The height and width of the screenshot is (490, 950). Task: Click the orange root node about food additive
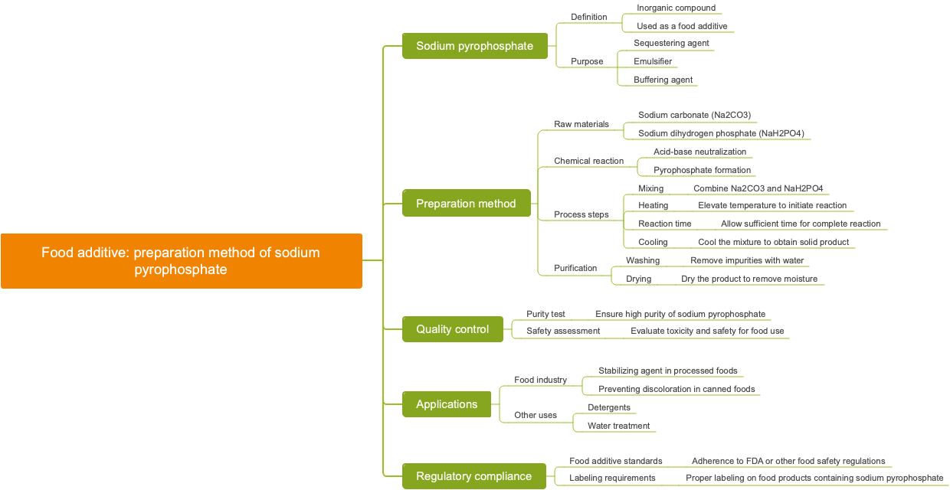click(x=181, y=261)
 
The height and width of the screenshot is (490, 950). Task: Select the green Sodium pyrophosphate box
click(x=474, y=46)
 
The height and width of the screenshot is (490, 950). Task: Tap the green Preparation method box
click(x=466, y=204)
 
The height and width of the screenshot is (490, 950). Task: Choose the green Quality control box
click(x=452, y=329)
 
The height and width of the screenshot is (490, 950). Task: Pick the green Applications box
click(x=447, y=404)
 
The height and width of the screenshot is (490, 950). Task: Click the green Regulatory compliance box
click(x=473, y=476)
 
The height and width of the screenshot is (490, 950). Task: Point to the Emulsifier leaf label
click(x=653, y=61)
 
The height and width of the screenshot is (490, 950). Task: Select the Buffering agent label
click(x=663, y=80)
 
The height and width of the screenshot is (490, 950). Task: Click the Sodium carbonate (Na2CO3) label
click(x=694, y=115)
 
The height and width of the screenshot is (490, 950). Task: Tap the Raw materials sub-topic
click(x=581, y=124)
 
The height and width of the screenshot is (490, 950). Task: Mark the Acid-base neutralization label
click(x=699, y=152)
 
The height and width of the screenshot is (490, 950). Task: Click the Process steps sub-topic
click(x=581, y=214)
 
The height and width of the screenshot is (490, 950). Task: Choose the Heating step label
click(x=653, y=205)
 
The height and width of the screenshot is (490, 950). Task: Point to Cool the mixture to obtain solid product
click(x=773, y=242)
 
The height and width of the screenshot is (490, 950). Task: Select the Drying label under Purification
click(x=638, y=279)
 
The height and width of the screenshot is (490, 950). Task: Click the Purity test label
click(x=545, y=314)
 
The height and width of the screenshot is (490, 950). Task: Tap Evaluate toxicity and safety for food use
click(x=706, y=331)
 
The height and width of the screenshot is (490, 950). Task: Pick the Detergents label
click(x=609, y=407)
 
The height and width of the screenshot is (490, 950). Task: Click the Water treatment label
click(x=618, y=426)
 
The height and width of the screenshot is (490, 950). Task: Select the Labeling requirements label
click(x=612, y=478)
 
